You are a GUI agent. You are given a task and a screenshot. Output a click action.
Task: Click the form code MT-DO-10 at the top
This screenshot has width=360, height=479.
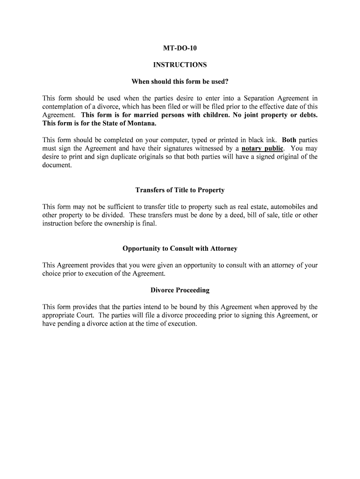tap(180, 48)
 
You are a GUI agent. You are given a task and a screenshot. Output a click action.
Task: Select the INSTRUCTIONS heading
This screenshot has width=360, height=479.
tap(180, 65)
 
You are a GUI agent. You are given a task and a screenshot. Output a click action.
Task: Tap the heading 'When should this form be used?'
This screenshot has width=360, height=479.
tap(180, 82)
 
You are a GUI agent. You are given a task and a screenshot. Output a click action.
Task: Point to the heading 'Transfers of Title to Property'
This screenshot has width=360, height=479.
tap(180, 190)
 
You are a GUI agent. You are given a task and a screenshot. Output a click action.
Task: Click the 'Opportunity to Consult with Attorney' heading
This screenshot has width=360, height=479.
tap(180, 248)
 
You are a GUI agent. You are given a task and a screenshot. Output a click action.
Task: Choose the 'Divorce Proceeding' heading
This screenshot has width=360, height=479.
tap(180, 290)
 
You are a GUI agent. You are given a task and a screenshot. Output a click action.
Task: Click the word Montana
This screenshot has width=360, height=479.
tap(141, 123)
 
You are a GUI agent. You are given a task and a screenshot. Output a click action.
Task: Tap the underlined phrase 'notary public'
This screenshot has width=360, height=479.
tap(262, 149)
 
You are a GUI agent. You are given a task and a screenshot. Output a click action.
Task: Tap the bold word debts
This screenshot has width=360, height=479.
tap(308, 115)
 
